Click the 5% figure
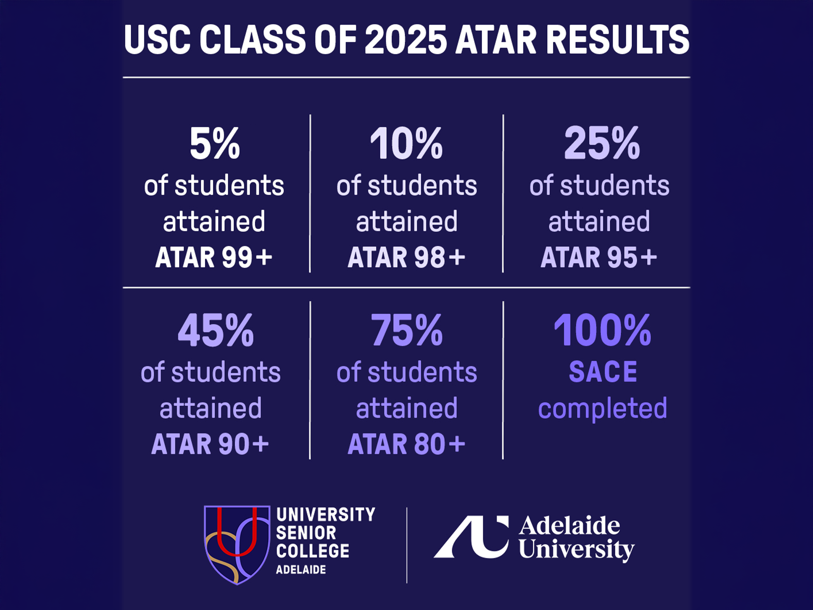(x=215, y=144)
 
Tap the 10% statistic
(x=406, y=144)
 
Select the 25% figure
(x=602, y=144)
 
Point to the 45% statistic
(x=216, y=330)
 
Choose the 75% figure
(x=407, y=330)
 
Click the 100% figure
(x=602, y=330)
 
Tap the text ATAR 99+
(x=214, y=258)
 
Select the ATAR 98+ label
(x=406, y=258)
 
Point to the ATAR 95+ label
(x=599, y=258)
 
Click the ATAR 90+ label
(x=210, y=444)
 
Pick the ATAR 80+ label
(x=406, y=444)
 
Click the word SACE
(x=603, y=372)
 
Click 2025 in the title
(x=405, y=39)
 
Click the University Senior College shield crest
(x=237, y=545)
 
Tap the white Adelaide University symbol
(x=471, y=537)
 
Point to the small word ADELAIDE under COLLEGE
(x=301, y=570)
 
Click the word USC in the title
(x=157, y=39)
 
